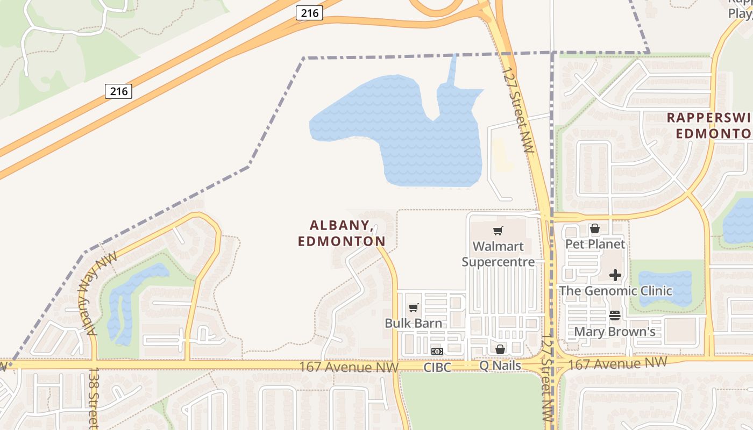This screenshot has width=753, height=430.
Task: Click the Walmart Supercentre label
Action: tap(498, 254)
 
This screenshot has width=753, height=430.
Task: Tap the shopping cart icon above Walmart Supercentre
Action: tap(498, 231)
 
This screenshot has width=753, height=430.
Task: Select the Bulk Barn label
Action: tap(413, 323)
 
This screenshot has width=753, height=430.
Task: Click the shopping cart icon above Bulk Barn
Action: tap(413, 308)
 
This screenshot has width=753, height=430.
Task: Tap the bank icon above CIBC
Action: tap(437, 352)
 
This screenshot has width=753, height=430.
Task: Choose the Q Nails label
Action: tap(500, 365)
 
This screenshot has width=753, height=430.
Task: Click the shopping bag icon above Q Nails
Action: tap(500, 350)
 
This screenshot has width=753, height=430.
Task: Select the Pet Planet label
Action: tap(595, 244)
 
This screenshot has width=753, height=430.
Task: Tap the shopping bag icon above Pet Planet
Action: tap(595, 229)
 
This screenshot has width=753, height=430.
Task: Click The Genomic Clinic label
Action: tap(615, 291)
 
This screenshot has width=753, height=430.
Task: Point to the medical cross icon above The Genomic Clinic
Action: tap(615, 276)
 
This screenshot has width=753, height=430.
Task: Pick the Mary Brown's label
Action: tap(615, 331)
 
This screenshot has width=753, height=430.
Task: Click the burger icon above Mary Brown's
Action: tap(615, 316)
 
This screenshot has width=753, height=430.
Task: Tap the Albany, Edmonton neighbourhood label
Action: tap(342, 233)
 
